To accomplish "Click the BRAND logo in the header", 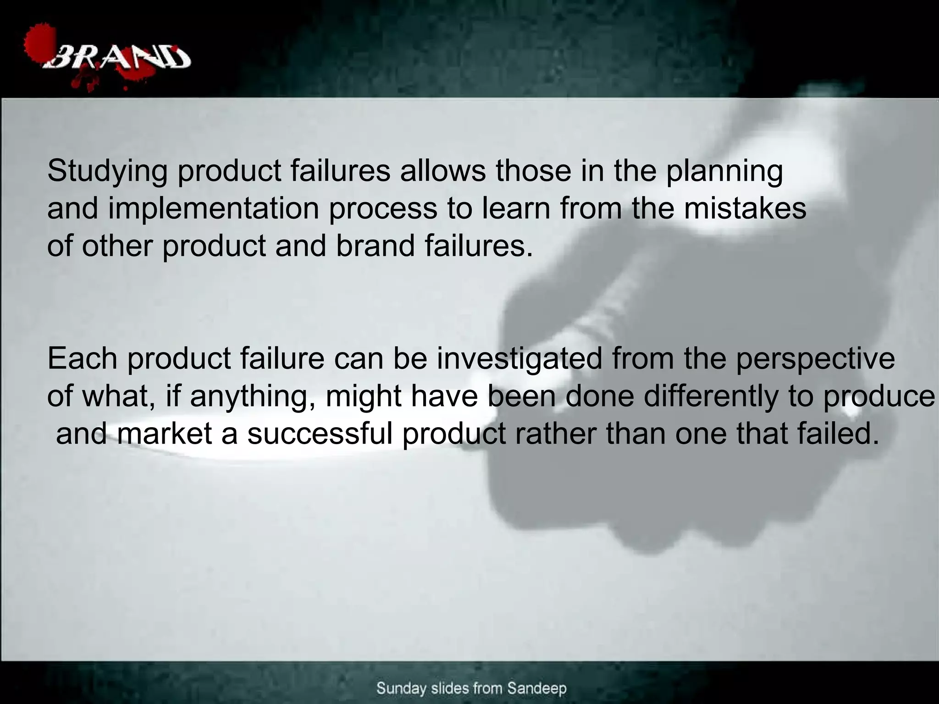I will (x=120, y=59).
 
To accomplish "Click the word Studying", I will (x=107, y=171).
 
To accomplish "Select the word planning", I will (x=724, y=171).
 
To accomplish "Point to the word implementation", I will (x=213, y=209).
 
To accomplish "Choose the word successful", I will (x=320, y=434).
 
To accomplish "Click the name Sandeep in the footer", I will (x=536, y=688).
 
